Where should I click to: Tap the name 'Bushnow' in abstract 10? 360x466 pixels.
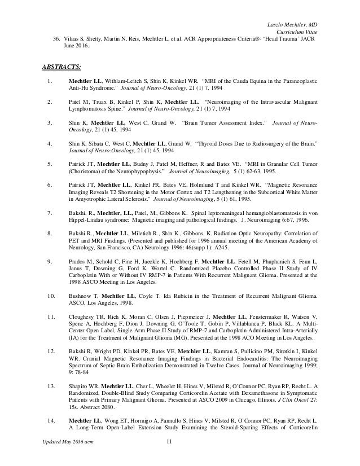tap(81, 295)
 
